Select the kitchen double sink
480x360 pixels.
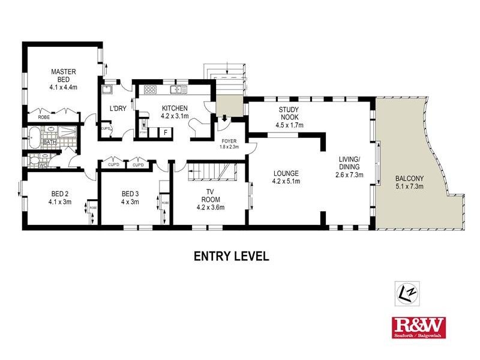pyautogui.click(x=178, y=90)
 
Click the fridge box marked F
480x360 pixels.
pyautogui.click(x=165, y=133)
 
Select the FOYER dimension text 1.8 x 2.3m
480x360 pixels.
pyautogui.click(x=229, y=146)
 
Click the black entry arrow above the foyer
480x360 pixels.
pyautogui.click(x=223, y=118)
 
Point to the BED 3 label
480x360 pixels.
pyautogui.click(x=130, y=194)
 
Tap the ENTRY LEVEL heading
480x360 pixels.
pyautogui.click(x=230, y=256)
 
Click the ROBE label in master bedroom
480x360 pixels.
pyautogui.click(x=44, y=118)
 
